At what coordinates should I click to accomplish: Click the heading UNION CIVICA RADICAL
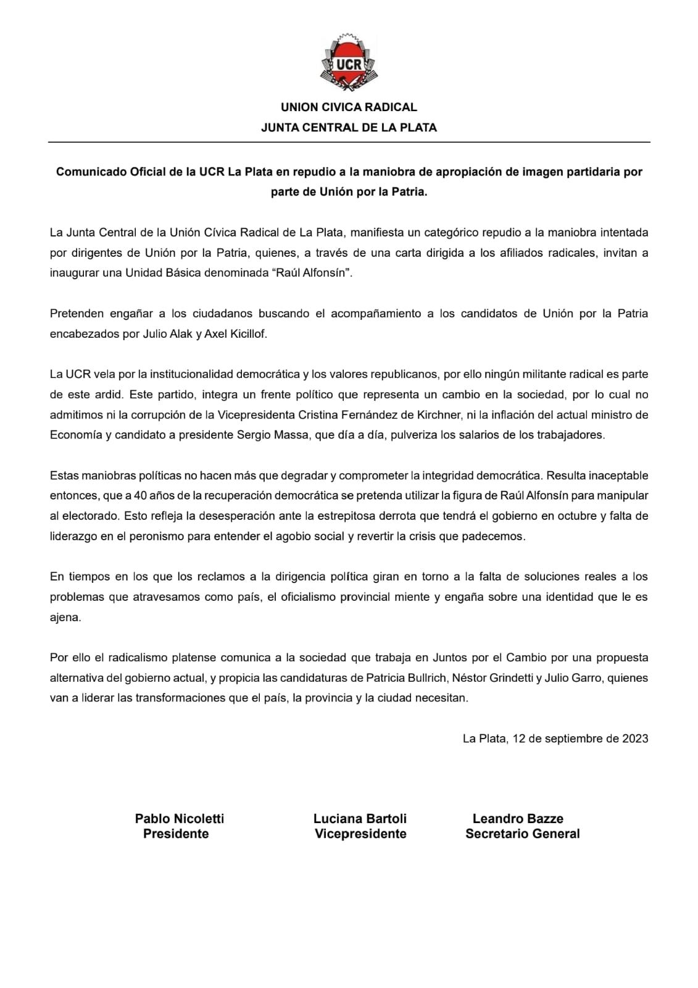tap(349, 107)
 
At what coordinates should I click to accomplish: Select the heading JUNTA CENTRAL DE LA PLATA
tap(349, 128)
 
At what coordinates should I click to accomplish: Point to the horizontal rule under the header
tap(349, 143)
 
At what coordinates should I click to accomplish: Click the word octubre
tap(576, 516)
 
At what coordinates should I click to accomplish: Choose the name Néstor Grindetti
tap(491, 678)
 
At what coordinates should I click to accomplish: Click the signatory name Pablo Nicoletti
tap(180, 819)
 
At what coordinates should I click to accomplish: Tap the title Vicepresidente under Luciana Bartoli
tap(360, 834)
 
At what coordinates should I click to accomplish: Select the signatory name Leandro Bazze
tap(518, 819)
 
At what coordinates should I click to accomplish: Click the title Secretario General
tap(523, 834)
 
